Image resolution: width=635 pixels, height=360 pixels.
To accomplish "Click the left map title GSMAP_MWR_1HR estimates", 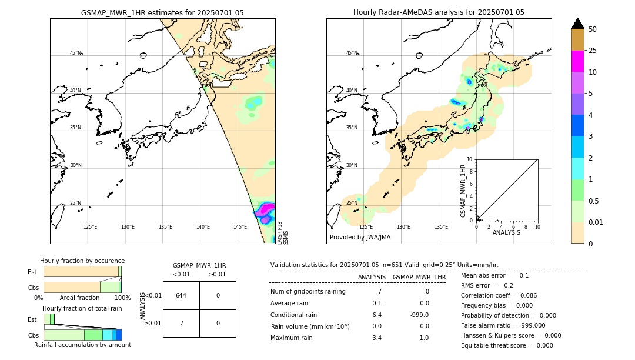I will click(162, 12).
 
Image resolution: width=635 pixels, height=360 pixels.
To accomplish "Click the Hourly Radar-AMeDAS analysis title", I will click(439, 12).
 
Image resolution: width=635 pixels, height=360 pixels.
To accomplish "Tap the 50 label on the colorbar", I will click(593, 29).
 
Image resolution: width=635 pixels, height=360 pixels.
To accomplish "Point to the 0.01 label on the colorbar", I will click(596, 222).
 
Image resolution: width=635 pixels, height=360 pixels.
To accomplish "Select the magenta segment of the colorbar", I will click(577, 61).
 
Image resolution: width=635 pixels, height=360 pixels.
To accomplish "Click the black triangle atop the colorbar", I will click(577, 24).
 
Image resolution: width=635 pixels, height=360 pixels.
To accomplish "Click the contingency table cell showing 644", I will click(181, 295).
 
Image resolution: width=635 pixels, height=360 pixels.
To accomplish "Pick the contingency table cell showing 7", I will click(181, 323).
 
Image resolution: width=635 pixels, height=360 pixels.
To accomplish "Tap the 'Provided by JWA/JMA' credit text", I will click(360, 238).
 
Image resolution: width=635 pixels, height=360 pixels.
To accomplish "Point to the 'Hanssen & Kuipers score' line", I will click(511, 335).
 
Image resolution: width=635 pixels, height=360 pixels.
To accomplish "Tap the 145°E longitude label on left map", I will click(240, 227).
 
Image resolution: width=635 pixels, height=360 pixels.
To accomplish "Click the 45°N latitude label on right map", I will click(352, 53).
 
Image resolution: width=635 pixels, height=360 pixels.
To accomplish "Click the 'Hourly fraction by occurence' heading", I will click(82, 261).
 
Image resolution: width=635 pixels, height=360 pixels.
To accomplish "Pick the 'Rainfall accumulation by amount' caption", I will click(82, 345).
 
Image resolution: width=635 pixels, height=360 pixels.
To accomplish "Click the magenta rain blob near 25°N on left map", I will click(266, 209).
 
